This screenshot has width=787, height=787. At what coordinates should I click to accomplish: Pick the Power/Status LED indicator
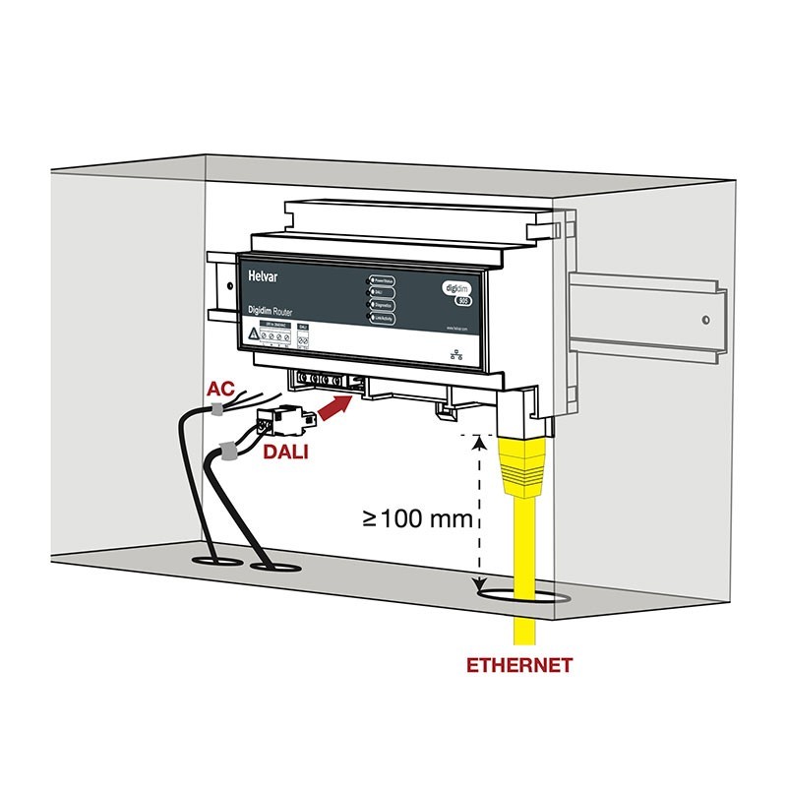click(371, 280)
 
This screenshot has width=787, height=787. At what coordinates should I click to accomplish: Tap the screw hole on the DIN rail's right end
click(706, 320)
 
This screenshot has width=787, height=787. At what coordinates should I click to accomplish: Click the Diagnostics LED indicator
click(371, 305)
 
